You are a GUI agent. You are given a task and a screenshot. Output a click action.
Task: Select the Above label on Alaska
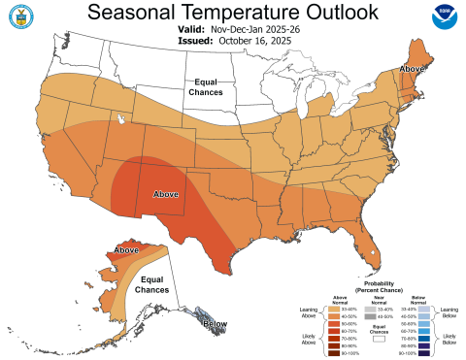tap(127, 250)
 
